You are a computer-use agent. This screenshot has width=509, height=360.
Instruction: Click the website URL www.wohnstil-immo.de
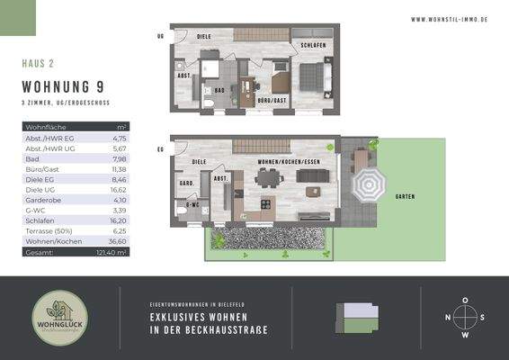449,18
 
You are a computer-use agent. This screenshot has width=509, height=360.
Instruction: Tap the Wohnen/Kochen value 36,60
118,242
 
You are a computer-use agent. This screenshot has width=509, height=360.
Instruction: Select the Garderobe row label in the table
42,201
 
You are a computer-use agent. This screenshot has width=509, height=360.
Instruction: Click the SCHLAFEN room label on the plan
312,44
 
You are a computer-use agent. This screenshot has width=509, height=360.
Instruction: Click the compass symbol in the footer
464,317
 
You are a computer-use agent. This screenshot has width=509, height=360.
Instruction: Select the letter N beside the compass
448,317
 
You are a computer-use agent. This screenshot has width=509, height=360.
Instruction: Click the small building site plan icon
356,317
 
